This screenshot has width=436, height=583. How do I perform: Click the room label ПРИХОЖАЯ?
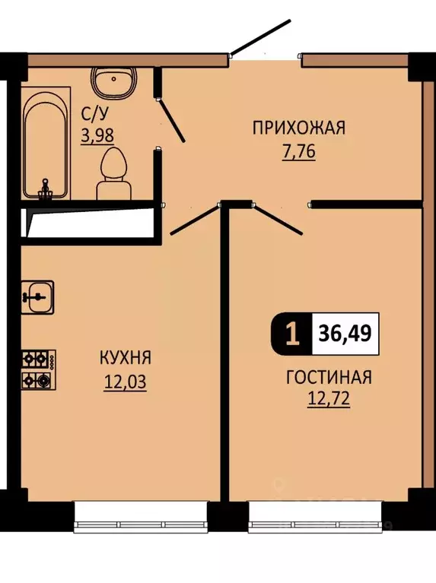click(298, 128)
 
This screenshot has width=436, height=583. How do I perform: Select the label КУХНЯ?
click(125, 357)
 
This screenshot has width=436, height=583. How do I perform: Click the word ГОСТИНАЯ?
click(328, 377)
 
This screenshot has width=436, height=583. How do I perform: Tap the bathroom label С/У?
click(96, 114)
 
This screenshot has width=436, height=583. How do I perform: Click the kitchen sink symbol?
click(37, 296)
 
